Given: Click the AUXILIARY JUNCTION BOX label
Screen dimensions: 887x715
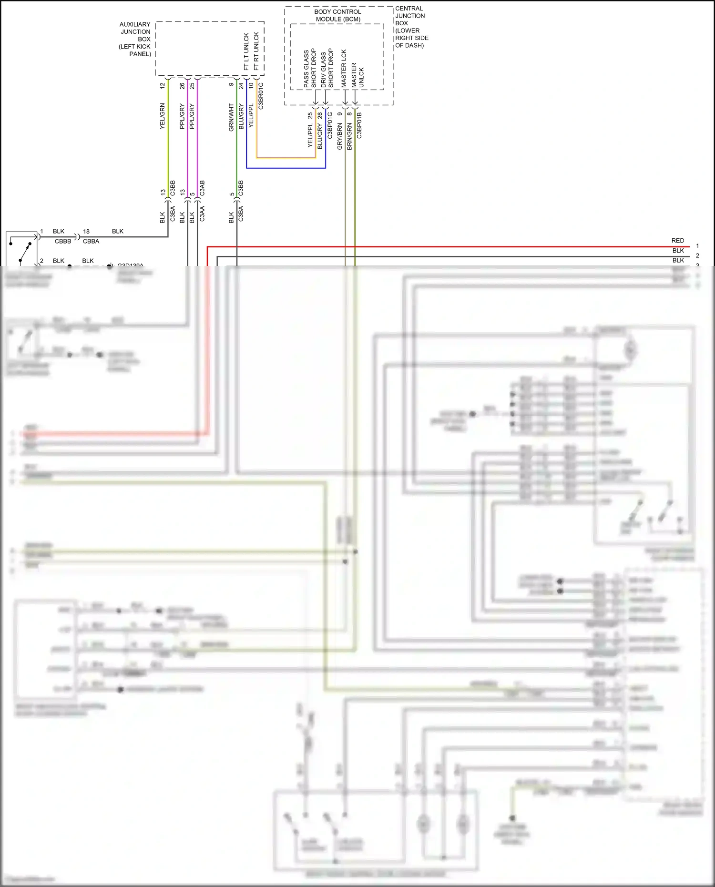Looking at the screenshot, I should coord(135,39).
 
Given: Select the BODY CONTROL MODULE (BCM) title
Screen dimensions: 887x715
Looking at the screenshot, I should coord(338,15).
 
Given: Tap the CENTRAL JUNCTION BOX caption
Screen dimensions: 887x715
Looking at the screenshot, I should coord(411,27).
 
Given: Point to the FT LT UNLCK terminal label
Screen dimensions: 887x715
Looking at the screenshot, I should coord(246,51).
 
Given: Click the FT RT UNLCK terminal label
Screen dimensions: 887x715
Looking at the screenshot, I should coord(256,51).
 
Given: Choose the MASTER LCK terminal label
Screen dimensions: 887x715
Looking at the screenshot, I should coord(344,68).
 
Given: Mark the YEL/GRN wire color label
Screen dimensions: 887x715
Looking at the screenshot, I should coord(162,116).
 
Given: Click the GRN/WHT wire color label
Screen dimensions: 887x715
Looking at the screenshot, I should coord(231,117).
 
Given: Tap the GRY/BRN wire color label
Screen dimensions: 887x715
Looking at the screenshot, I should coord(339,136).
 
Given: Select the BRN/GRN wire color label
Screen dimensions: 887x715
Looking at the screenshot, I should coord(349,136).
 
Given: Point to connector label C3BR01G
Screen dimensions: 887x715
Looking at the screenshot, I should coord(261,96).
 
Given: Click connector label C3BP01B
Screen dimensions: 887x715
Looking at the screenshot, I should coord(359,125).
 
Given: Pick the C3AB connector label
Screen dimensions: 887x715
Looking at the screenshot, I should coord(202,188).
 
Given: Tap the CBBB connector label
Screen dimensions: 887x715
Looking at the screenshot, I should coord(63,241).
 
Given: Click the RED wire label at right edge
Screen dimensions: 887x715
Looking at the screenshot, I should coord(678,241).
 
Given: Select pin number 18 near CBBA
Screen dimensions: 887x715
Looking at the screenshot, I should coord(86,232).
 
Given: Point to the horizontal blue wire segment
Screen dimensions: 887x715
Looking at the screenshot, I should coord(286,168).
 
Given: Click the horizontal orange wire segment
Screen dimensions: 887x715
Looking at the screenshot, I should coord(286,158).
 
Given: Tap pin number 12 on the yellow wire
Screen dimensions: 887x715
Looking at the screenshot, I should coord(162,86).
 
